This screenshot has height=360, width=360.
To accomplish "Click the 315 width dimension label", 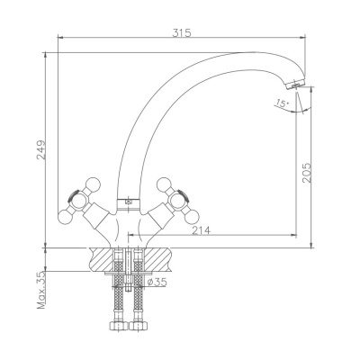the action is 182,32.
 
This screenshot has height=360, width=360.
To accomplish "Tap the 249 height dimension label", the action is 41,149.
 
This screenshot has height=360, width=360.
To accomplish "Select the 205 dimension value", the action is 307,173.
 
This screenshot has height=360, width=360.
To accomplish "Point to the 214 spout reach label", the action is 202,230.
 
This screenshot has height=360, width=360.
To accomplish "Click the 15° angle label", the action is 282,103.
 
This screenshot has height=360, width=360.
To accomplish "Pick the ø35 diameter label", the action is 157,282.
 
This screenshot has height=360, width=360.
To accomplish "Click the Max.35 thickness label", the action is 41,290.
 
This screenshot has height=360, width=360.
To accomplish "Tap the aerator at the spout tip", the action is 295,85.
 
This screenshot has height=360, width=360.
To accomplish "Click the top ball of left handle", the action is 93,184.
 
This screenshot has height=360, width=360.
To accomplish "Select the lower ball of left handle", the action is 65,217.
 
